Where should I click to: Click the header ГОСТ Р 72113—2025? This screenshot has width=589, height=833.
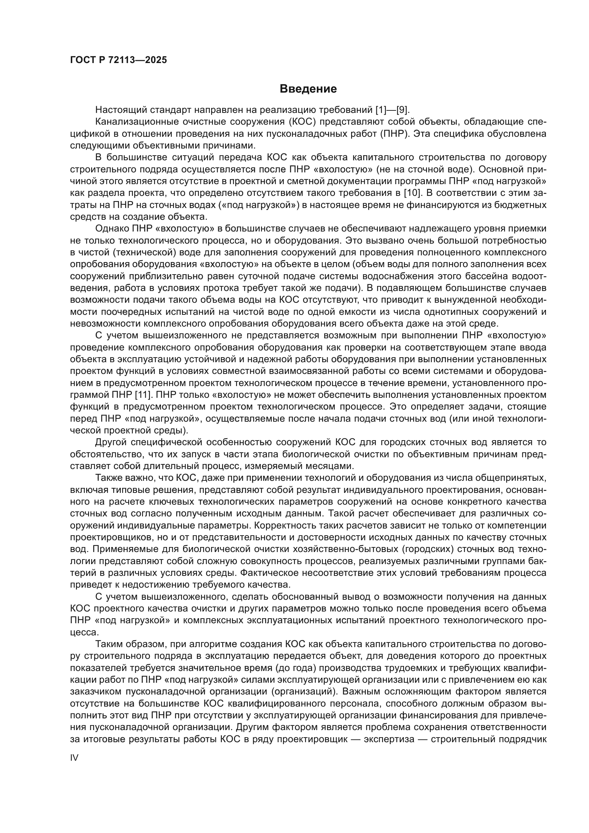click(119, 60)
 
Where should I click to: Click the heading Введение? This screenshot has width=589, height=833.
click(308, 89)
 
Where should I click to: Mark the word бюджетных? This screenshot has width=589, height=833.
click(523, 205)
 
